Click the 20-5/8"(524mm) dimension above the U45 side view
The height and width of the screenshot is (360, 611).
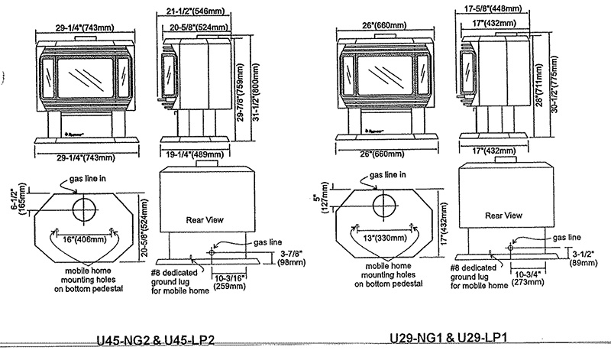point(192,27)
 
